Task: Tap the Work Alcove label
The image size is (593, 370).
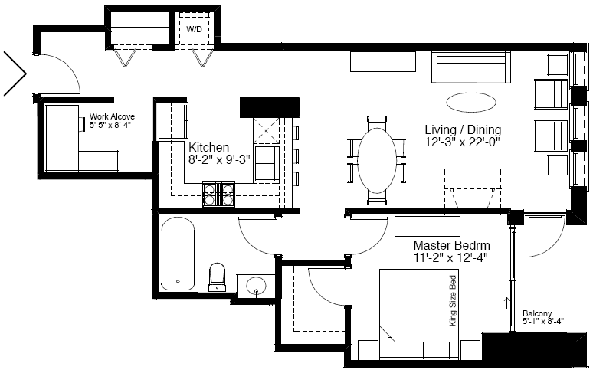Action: point(112,117)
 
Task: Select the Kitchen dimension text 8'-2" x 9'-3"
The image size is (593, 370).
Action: point(220,159)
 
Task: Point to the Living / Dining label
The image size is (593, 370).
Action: point(463,129)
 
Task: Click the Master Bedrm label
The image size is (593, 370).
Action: point(451,245)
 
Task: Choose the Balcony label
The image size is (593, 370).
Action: point(537,313)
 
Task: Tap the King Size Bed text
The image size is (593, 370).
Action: point(453,301)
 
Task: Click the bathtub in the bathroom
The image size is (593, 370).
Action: point(178,254)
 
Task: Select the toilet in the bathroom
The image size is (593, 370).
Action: point(217,277)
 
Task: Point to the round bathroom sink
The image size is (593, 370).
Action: point(257,286)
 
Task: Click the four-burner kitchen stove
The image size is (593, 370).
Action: point(218,195)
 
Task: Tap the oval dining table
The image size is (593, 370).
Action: point(377,160)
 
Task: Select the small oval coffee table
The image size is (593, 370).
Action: point(471,102)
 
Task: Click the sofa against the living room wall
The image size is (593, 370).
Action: point(470,67)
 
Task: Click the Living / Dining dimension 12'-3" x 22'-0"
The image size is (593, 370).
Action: point(463,142)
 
